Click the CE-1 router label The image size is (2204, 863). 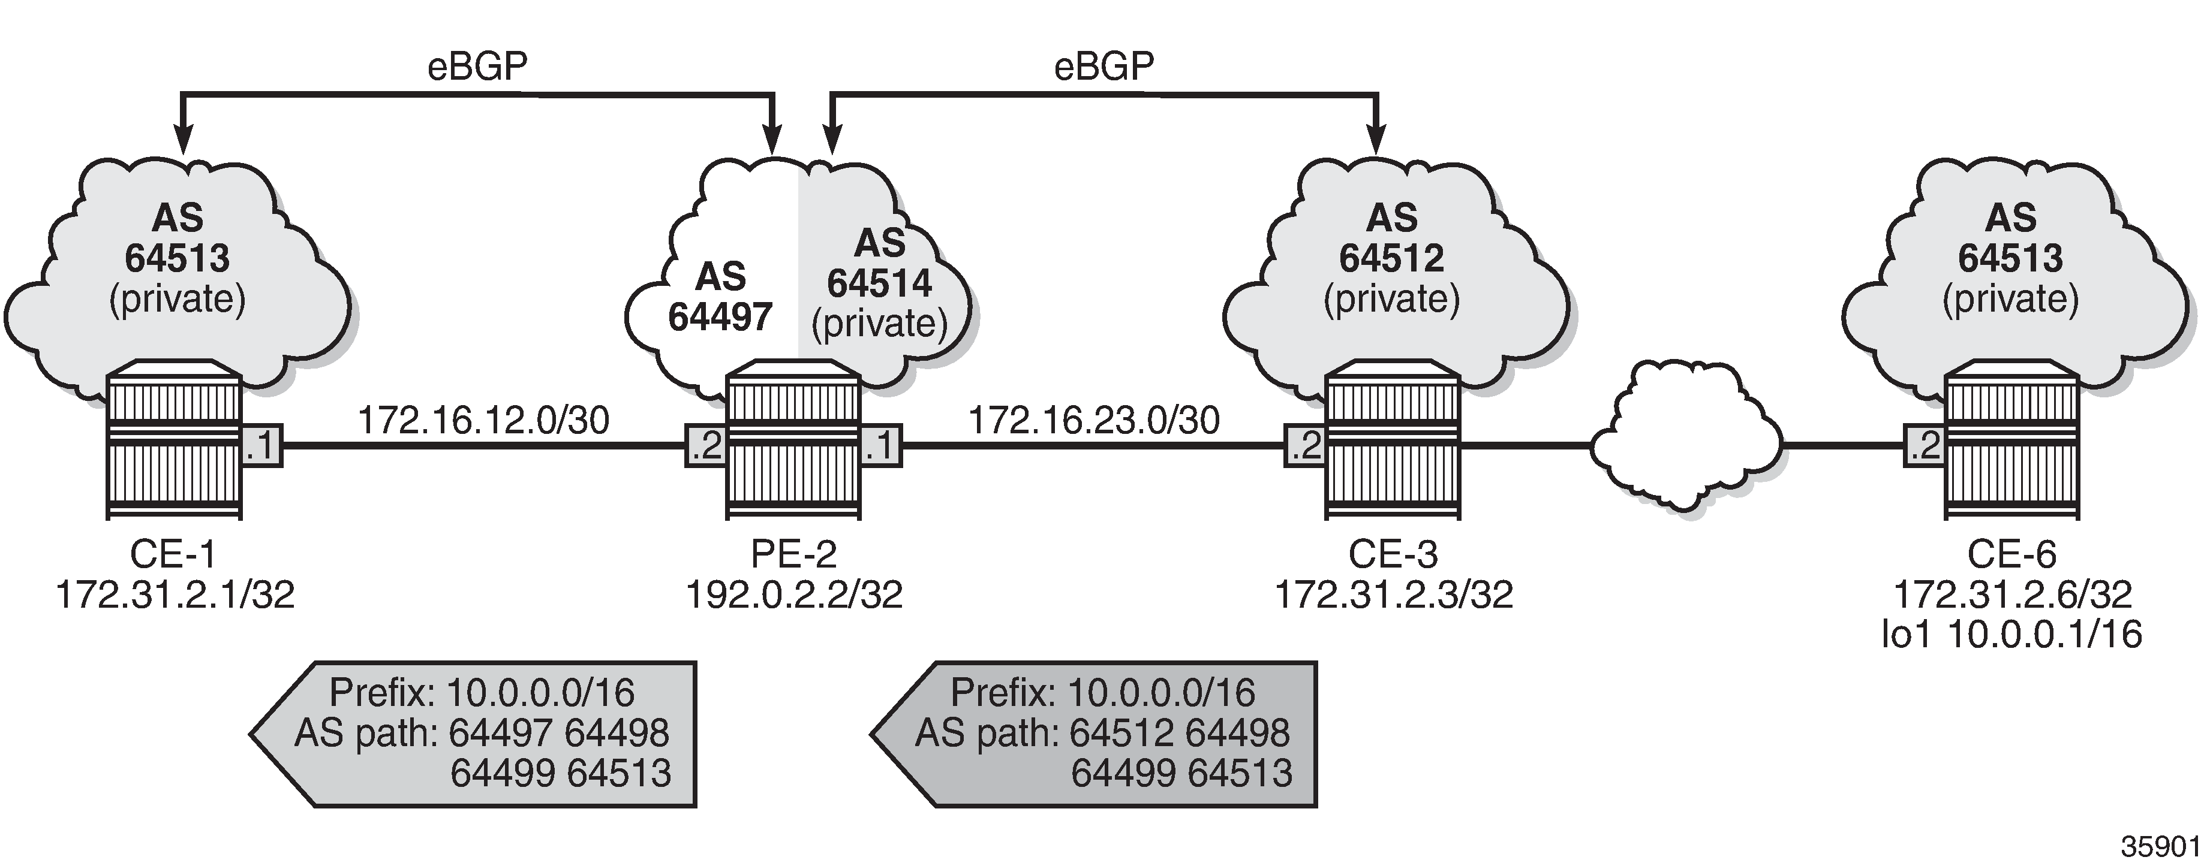(174, 554)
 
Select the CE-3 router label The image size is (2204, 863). (1393, 554)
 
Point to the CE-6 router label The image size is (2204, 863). (2011, 554)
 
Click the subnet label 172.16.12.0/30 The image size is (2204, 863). (483, 420)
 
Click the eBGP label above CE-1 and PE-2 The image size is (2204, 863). (477, 67)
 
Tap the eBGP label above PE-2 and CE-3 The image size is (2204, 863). (1103, 67)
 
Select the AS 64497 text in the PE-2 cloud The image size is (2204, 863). (720, 297)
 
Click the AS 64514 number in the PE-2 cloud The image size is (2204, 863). (880, 283)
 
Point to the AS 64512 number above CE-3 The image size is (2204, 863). (1391, 258)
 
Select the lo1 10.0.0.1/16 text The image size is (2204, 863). (2011, 634)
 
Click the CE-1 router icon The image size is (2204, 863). (175, 440)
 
